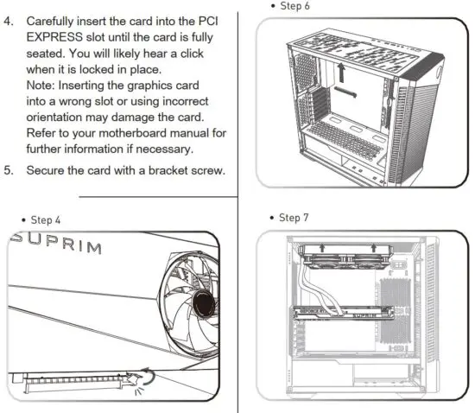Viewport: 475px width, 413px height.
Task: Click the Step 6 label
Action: [x=294, y=6]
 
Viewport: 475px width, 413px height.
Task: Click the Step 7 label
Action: [x=294, y=218]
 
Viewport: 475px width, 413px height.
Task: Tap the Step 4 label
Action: [x=46, y=220]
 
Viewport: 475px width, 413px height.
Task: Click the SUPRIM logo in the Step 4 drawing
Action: [x=56, y=243]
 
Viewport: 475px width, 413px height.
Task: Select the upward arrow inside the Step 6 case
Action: [x=341, y=72]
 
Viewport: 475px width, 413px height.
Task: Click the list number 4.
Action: [x=9, y=22]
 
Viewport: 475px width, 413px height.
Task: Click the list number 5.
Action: [x=9, y=170]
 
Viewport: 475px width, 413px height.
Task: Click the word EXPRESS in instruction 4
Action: [x=54, y=37]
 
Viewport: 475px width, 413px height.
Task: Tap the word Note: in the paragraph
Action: [x=41, y=86]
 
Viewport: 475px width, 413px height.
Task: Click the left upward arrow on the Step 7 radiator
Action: [x=322, y=248]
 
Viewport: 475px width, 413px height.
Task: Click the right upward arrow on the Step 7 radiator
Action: [x=373, y=248]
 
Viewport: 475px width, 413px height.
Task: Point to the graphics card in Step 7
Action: [x=344, y=313]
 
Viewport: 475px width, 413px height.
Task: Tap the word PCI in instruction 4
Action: [x=208, y=22]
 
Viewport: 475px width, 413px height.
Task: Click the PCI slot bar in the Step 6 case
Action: [x=345, y=92]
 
